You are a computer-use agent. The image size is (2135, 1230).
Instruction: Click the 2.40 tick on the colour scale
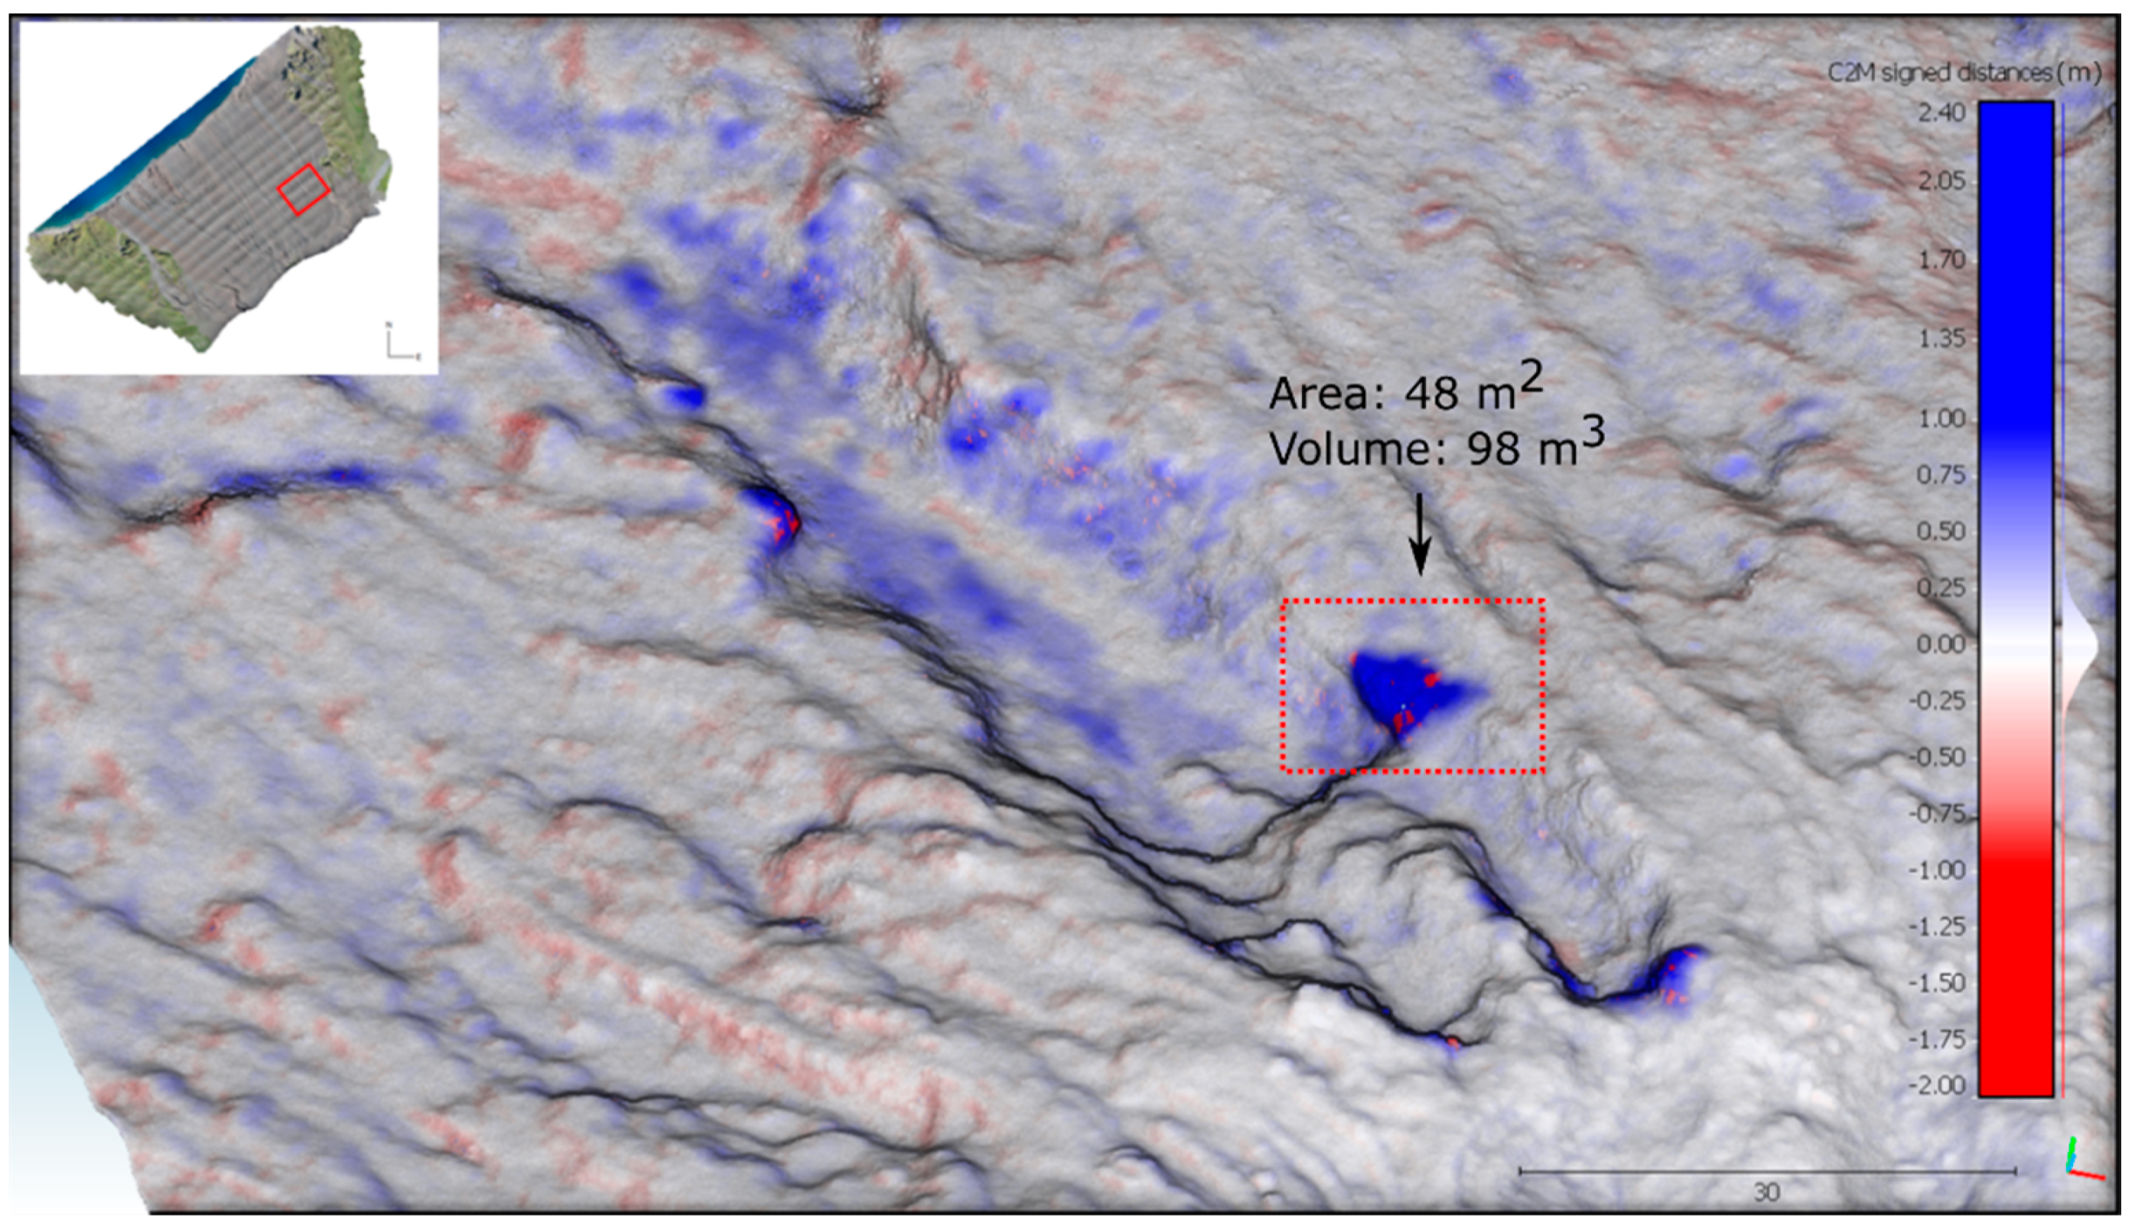tap(1941, 112)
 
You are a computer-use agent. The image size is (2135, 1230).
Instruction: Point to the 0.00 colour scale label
tap(1941, 645)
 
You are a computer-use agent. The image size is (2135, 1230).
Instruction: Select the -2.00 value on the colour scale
tap(1938, 1085)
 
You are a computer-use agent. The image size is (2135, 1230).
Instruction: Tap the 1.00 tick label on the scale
tap(1941, 419)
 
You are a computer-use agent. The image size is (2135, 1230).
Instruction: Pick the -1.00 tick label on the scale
tap(1938, 870)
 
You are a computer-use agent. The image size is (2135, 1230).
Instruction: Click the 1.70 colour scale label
tap(1941, 259)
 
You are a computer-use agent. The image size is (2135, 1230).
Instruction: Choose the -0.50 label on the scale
tap(1938, 757)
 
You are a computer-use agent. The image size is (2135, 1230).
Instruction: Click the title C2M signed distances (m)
tap(1964, 73)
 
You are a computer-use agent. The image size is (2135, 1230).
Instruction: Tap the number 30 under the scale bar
tap(1766, 1192)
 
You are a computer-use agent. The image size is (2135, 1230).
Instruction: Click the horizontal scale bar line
tap(1767, 1172)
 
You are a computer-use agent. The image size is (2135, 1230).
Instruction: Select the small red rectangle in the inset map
tap(303, 189)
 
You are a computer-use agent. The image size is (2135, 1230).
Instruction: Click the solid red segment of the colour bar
tap(2015, 971)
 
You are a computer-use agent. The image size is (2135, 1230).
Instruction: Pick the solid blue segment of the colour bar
tap(2015, 253)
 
